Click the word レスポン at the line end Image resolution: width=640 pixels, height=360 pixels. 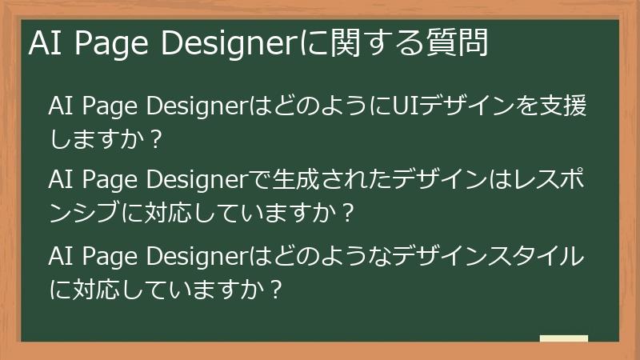(x=545, y=177)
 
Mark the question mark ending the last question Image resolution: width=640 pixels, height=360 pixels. (x=277, y=290)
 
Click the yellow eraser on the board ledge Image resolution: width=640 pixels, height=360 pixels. (x=564, y=338)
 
